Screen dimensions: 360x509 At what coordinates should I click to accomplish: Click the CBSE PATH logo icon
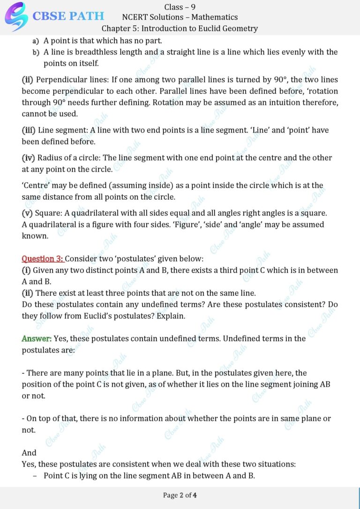(16, 16)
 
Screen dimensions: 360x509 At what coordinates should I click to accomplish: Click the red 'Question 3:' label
(43, 259)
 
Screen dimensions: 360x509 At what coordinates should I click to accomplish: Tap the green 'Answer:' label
(37, 338)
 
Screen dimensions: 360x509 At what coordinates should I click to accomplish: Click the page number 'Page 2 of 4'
(180, 495)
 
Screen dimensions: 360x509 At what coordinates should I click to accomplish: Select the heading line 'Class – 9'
(180, 7)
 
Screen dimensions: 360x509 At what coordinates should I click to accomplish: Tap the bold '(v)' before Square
(27, 213)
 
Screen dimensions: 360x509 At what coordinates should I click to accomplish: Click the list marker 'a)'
(36, 41)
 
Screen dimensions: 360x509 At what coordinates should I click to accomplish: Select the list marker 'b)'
(36, 52)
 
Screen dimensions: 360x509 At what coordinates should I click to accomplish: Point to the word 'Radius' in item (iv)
(50, 158)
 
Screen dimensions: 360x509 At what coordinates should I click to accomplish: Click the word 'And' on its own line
(29, 453)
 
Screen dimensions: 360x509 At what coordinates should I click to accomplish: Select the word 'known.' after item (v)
(35, 236)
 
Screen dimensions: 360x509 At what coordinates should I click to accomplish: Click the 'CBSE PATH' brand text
(68, 16)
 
